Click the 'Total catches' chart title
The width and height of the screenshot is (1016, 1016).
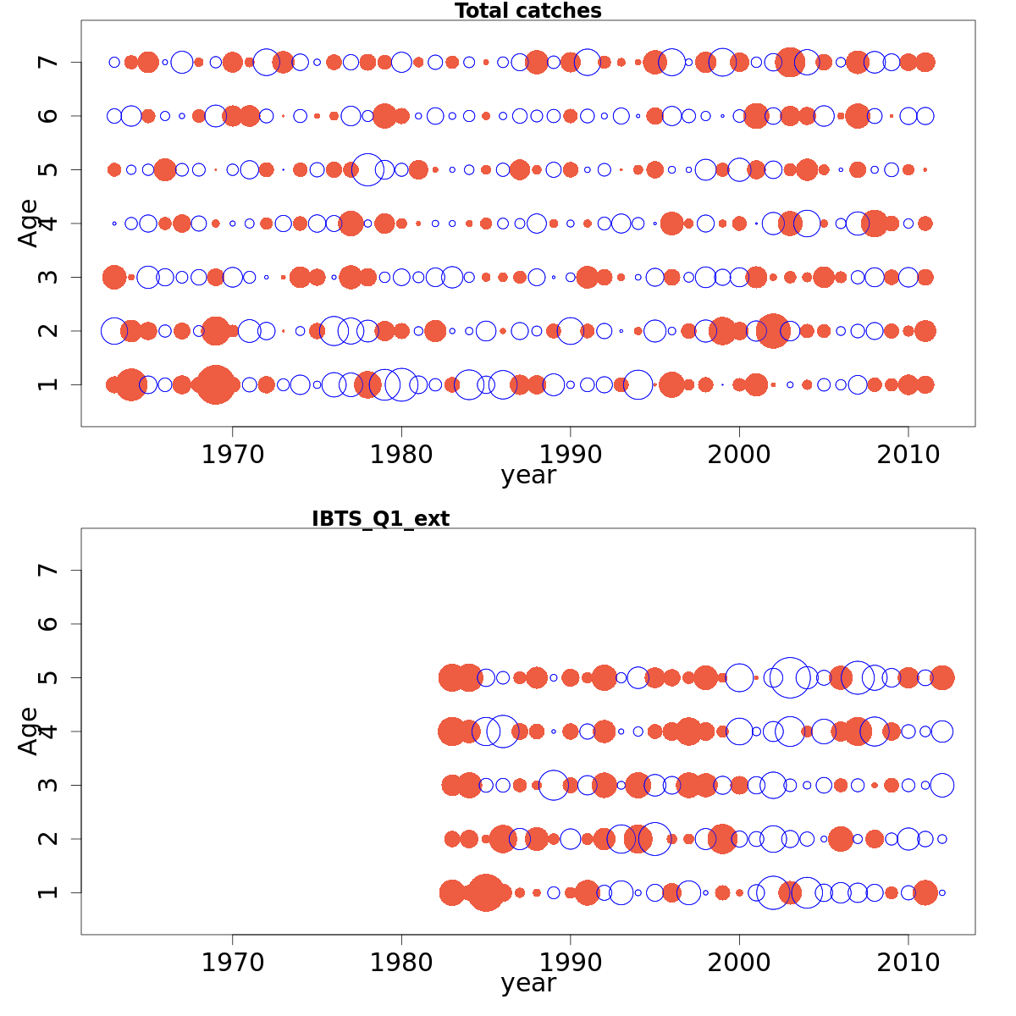pyautogui.click(x=527, y=11)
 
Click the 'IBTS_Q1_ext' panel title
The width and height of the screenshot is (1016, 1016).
pyautogui.click(x=380, y=519)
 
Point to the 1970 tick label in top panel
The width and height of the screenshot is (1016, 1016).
pyautogui.click(x=232, y=455)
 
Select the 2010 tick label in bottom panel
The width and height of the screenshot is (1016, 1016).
pyautogui.click(x=908, y=963)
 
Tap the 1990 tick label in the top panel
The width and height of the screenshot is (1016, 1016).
pyautogui.click(x=570, y=455)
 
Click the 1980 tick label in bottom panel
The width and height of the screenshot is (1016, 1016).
pyautogui.click(x=401, y=963)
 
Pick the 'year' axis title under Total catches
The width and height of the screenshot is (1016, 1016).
pyautogui.click(x=527, y=476)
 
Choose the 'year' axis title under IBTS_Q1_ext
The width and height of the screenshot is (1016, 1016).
pyautogui.click(x=527, y=984)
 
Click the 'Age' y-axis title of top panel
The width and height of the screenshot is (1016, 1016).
pyautogui.click(x=29, y=223)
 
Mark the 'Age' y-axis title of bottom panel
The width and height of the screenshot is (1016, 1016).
pyautogui.click(x=29, y=731)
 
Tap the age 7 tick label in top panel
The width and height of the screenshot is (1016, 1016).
pyautogui.click(x=49, y=62)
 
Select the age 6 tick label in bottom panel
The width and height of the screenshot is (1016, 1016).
pyautogui.click(x=49, y=624)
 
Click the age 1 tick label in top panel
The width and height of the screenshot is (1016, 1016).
pyautogui.click(x=49, y=384)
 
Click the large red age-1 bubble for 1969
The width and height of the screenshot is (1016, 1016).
pyautogui.click(x=215, y=384)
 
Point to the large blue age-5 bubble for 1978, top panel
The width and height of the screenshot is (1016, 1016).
pyautogui.click(x=367, y=169)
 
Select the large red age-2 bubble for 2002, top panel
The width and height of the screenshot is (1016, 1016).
pyautogui.click(x=772, y=330)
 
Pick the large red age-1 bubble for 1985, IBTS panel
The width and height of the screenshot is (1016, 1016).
pyautogui.click(x=485, y=892)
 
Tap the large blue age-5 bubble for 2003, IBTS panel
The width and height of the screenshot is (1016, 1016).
pyautogui.click(x=790, y=677)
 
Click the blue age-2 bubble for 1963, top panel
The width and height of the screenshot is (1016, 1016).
pyautogui.click(x=114, y=330)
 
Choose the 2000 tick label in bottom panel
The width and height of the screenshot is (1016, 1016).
pyautogui.click(x=739, y=963)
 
